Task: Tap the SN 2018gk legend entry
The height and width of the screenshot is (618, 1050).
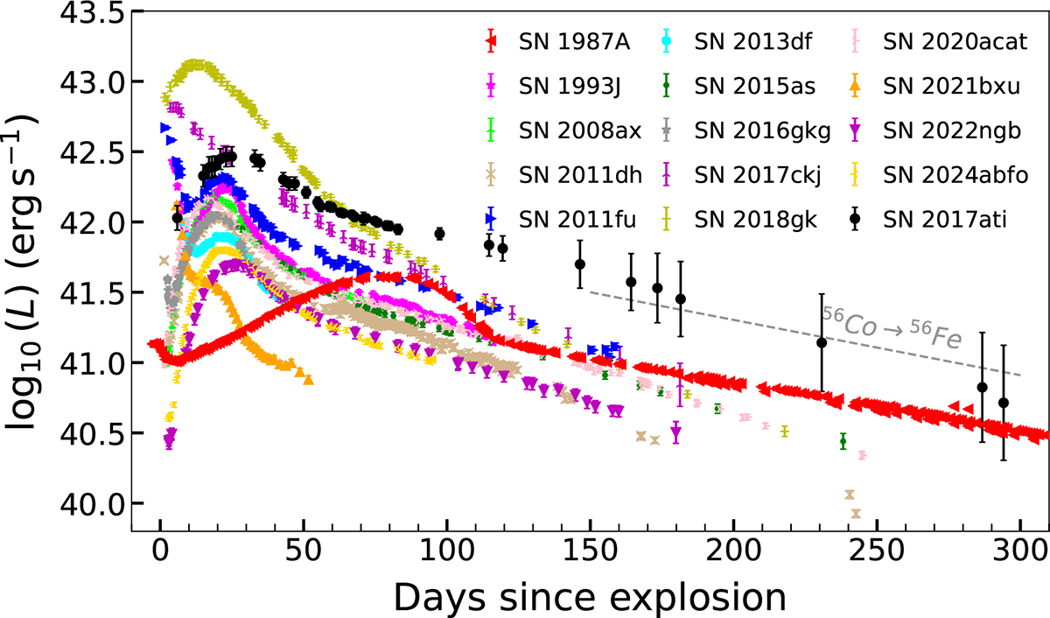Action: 738,220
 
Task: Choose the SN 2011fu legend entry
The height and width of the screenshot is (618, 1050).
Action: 561,220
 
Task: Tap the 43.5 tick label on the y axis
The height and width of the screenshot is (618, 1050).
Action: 92,12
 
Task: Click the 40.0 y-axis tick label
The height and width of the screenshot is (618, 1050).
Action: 92,503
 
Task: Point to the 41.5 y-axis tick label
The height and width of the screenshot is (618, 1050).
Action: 92,292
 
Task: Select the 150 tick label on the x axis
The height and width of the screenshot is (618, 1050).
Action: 590,550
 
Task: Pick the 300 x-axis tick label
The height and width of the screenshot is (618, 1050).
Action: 1020,550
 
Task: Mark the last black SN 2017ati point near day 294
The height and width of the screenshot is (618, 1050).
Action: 1004,403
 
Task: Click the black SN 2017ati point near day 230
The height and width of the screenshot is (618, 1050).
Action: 822,343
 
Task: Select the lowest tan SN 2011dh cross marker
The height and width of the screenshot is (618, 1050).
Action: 856,514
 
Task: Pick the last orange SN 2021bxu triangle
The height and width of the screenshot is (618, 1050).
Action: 308,379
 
